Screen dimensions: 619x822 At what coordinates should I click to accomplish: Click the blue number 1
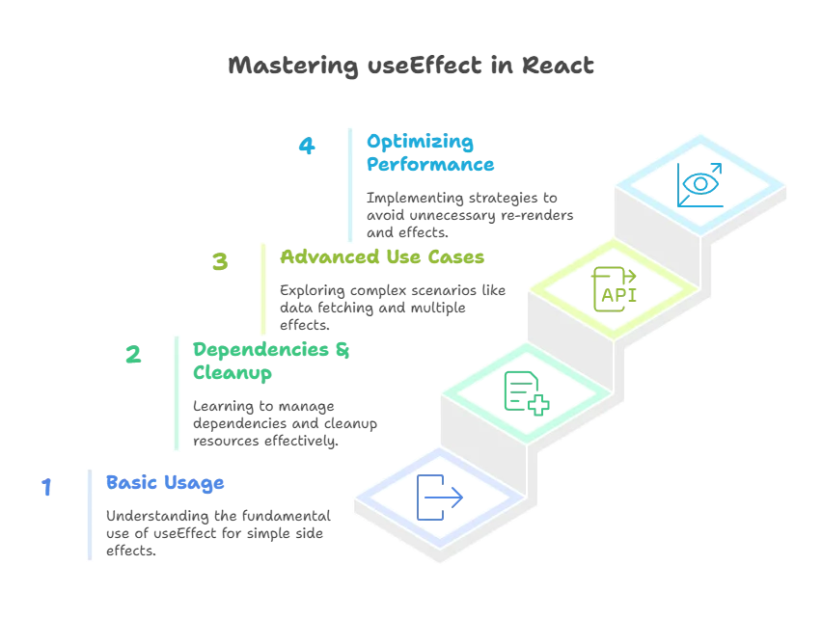tap(44, 489)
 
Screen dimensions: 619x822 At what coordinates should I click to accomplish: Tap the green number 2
tap(133, 356)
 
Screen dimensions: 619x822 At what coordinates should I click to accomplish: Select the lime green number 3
tap(220, 262)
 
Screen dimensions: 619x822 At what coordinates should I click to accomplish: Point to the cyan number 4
tap(307, 147)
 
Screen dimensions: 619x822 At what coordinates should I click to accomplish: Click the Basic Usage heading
tap(165, 482)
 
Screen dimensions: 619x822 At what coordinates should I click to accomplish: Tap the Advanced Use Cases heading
tap(382, 258)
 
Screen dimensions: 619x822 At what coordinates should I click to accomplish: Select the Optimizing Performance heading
tap(429, 153)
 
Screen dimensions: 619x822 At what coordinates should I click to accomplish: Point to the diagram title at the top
tap(409, 67)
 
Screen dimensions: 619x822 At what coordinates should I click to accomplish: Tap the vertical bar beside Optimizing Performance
tap(347, 183)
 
